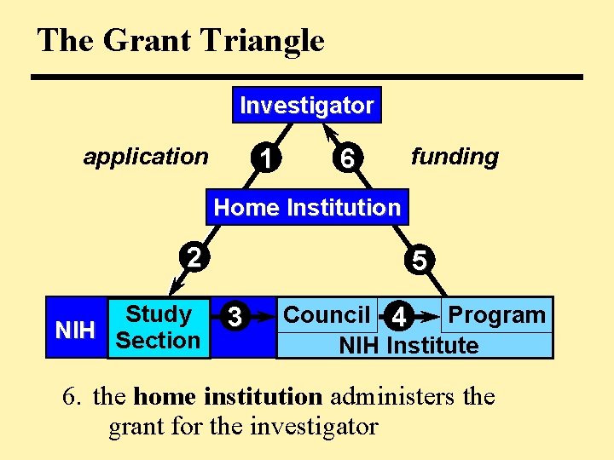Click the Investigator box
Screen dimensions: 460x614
point(306,106)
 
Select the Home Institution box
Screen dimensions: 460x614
point(306,207)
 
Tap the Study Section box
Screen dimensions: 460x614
point(158,327)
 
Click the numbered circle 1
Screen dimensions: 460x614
point(268,158)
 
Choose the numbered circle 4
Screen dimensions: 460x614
point(398,318)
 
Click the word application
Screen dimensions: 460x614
point(145,157)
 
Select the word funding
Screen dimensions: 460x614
point(455,157)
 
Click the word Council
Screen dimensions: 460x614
point(326,315)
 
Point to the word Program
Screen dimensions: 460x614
point(496,314)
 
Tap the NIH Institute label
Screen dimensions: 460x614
point(408,346)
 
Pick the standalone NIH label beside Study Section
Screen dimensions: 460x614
point(74,331)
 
